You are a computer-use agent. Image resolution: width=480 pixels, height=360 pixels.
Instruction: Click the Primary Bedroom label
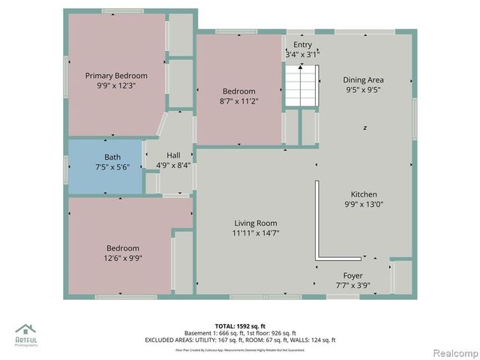pos(116,76)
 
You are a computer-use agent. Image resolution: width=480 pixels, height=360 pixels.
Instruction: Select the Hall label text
pos(173,155)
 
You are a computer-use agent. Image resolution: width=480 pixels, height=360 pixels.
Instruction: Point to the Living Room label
pos(256,223)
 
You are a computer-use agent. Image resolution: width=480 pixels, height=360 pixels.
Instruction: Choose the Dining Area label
pos(364,79)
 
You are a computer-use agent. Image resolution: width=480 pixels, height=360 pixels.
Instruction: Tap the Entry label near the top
pos(303,45)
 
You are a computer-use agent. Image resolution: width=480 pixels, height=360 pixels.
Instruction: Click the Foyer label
pos(353,276)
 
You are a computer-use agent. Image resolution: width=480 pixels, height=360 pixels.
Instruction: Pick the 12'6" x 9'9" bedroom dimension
pos(122,258)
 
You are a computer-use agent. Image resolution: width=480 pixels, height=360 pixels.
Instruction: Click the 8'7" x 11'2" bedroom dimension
pos(238,101)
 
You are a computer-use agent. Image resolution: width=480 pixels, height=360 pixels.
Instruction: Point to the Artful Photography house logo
pos(26,331)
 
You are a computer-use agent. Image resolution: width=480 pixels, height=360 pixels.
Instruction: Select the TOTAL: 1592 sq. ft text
pos(239,326)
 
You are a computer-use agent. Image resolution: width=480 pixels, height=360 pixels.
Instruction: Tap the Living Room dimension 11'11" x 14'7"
pos(256,233)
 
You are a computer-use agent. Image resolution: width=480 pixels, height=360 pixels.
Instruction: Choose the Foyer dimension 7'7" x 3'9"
pos(353,286)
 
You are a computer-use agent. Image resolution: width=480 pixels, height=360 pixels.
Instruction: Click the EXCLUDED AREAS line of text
pos(239,340)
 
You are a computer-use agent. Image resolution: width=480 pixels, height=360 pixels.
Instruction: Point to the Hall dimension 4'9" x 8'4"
pos(173,165)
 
